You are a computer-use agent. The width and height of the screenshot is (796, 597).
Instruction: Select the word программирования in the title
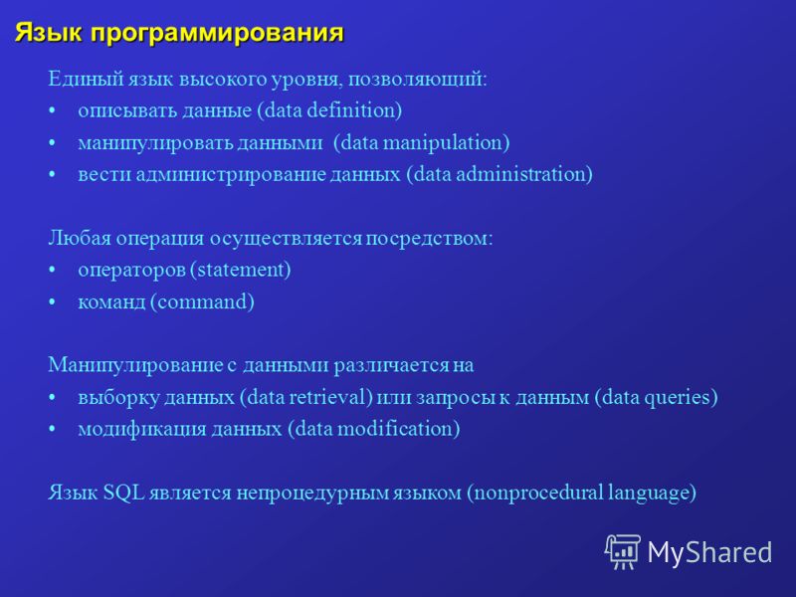coord(217,35)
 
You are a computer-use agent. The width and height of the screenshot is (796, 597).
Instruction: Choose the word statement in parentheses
coord(241,270)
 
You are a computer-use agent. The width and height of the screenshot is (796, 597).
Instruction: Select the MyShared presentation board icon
coord(623,551)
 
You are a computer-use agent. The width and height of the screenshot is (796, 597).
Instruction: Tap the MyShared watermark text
coord(710,552)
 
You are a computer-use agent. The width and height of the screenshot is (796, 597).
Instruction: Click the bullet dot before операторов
coord(52,270)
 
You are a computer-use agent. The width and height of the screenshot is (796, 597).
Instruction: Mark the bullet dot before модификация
coord(52,430)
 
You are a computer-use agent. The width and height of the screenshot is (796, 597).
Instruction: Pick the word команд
coord(111,302)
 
